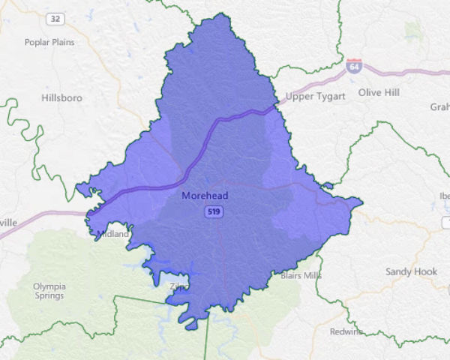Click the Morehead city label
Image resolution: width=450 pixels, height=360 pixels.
tap(205, 196)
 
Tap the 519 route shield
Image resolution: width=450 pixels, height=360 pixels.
tap(214, 212)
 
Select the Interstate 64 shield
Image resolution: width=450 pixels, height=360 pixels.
tap(354, 66)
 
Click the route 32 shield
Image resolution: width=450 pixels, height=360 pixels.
tap(53, 17)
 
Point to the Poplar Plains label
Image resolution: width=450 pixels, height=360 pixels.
tap(49, 42)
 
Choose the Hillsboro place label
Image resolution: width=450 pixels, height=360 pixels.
tap(63, 97)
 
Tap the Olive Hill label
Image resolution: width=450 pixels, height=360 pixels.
tap(379, 92)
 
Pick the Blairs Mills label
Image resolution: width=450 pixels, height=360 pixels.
tap(300, 275)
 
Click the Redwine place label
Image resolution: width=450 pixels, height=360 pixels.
tap(346, 331)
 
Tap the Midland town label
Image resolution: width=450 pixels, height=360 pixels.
tap(114, 234)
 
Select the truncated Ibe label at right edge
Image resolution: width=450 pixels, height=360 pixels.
tap(443, 196)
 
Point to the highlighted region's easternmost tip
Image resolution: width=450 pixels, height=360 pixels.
tap(362, 201)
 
